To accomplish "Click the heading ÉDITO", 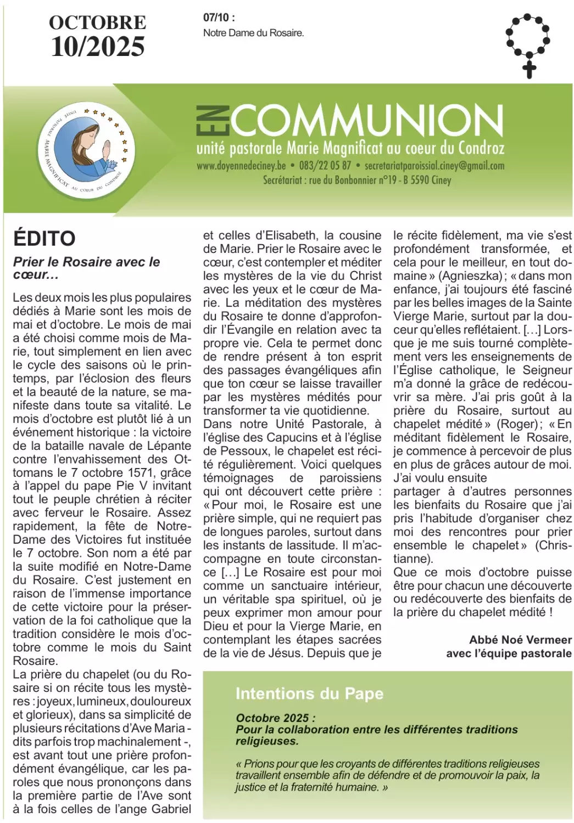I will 44,239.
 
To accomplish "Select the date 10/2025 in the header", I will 98,47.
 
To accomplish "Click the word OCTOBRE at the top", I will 98,22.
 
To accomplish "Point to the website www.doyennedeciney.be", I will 241,166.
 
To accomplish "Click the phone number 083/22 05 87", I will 325,166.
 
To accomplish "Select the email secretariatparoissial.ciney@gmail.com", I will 434,166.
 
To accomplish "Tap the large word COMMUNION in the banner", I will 365,121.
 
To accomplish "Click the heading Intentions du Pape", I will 309,694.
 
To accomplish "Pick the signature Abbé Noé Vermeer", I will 520,640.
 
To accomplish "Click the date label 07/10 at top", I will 219,18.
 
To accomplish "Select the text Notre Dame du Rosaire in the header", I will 253,33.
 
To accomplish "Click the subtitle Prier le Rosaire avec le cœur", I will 87,268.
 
